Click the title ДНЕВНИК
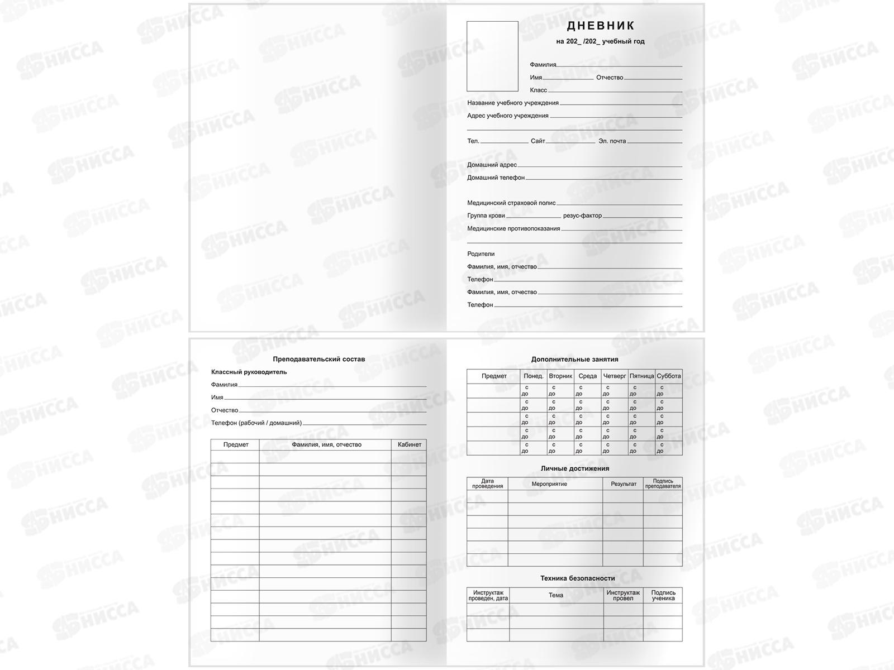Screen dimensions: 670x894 click(x=601, y=26)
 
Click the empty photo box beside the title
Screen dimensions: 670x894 click(x=492, y=56)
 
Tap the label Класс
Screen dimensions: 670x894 click(x=538, y=90)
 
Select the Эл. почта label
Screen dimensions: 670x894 click(x=612, y=141)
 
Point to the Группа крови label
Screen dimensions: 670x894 click(x=486, y=216)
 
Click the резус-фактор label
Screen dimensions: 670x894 click(x=582, y=216)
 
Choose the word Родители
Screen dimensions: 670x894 click(x=481, y=254)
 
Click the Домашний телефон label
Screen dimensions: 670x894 click(x=496, y=178)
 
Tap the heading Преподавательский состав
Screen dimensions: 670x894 click(x=318, y=359)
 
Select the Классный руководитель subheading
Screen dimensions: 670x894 click(x=249, y=372)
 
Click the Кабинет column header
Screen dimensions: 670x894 click(x=409, y=444)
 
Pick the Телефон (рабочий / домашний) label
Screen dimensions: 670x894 click(x=256, y=423)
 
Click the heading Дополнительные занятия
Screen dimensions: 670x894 click(x=574, y=360)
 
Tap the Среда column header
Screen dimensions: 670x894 click(x=587, y=376)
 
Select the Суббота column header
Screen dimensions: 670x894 click(x=668, y=376)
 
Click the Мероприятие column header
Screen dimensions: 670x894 click(x=549, y=484)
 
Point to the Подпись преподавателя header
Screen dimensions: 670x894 click(x=663, y=484)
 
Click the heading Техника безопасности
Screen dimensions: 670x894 click(x=577, y=578)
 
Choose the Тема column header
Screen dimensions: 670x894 click(x=555, y=595)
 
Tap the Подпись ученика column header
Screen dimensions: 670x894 click(x=663, y=595)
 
